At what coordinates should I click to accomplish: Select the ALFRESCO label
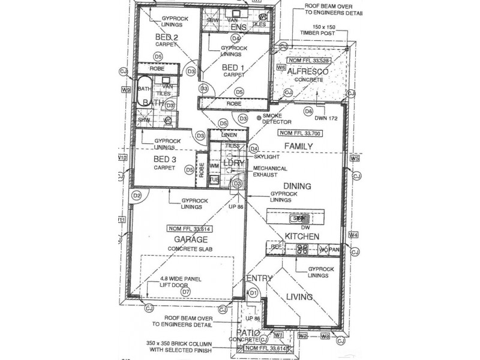click(307, 71)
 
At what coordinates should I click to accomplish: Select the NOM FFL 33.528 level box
click(310, 61)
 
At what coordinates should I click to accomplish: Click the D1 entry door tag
click(254, 293)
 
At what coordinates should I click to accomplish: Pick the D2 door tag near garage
click(137, 195)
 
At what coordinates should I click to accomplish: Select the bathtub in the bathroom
click(143, 92)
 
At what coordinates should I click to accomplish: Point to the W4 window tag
click(353, 235)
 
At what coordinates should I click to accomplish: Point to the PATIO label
click(247, 332)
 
